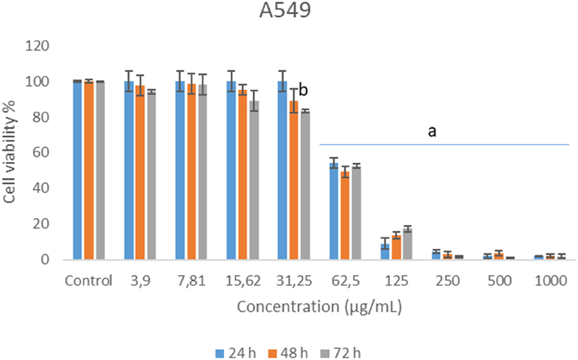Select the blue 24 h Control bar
point(77,170)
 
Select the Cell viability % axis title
point(11,153)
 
